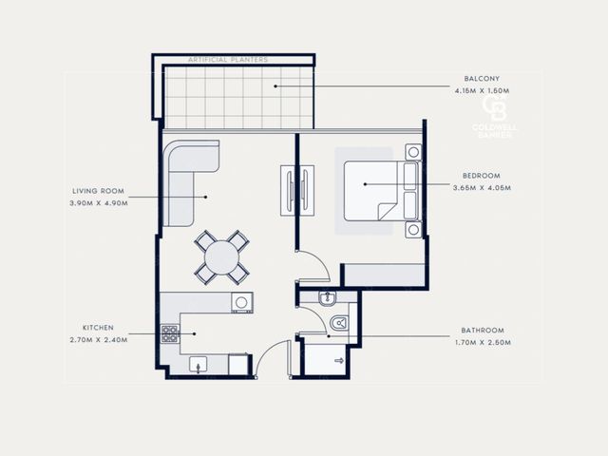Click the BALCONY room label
pyautogui.click(x=482, y=78)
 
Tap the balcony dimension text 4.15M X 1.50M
pyautogui.click(x=482, y=91)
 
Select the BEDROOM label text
pyautogui.click(x=482, y=176)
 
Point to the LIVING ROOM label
pyautogui.click(x=99, y=191)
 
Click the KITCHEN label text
pyautogui.click(x=99, y=328)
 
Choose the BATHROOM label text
pyautogui.click(x=483, y=331)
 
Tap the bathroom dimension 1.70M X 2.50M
pyautogui.click(x=483, y=343)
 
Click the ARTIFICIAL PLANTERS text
pyautogui.click(x=228, y=60)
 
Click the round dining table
pyautogui.click(x=221, y=257)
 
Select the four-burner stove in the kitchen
pyautogui.click(x=170, y=333)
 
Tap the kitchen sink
pyautogui.click(x=199, y=365)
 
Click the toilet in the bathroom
pyautogui.click(x=339, y=323)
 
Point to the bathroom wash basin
pyautogui.click(x=328, y=297)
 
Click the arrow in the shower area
pyautogui.click(x=339, y=361)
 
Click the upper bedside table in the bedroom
pyautogui.click(x=413, y=152)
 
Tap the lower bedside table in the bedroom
pyautogui.click(x=413, y=230)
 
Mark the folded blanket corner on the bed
pyautogui.click(x=387, y=211)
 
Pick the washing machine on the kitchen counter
pyautogui.click(x=242, y=302)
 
